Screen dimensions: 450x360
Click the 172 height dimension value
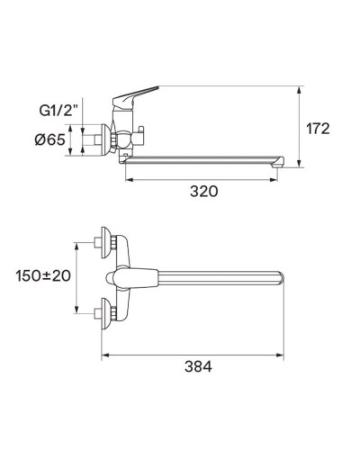(317, 128)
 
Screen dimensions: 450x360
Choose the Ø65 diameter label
(52, 139)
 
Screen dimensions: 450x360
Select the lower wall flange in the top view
(106, 313)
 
